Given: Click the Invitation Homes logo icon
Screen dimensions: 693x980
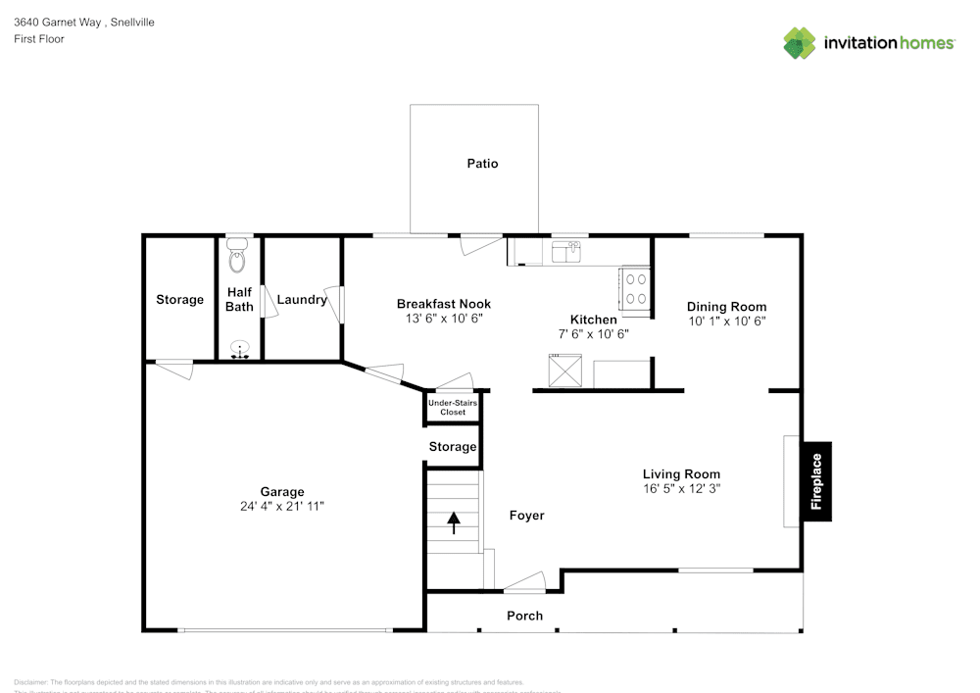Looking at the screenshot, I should pos(800,43).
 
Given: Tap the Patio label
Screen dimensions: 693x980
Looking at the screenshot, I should pos(482,164).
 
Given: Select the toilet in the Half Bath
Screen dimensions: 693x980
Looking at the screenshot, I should pos(237,258).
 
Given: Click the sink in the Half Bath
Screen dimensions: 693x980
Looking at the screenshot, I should pos(239,349).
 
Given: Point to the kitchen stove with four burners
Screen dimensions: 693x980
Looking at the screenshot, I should pos(634,290).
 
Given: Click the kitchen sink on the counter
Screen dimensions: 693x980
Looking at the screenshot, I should pos(565,254).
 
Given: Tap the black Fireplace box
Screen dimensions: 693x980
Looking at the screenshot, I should pos(816,481).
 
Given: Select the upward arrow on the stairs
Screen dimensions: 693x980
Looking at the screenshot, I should pos(454,521).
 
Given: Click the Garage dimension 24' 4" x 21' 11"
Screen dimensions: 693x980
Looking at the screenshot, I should pos(282,507).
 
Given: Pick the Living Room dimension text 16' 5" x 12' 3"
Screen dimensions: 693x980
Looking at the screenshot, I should pos(681,488).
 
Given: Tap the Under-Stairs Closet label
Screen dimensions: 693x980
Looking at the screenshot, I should pos(453,408).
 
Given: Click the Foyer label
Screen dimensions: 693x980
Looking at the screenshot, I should pos(526,516).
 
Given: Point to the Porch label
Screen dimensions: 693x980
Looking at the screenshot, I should pos(524,616).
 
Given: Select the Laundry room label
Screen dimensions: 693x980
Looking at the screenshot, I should pos(301,300).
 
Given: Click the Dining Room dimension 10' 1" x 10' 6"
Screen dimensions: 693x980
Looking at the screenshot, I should pos(726,321).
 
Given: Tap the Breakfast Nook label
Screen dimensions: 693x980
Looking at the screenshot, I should pos(444,304).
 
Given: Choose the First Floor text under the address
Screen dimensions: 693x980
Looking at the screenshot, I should pos(39,39).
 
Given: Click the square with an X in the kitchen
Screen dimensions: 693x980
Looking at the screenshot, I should pos(565,372).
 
